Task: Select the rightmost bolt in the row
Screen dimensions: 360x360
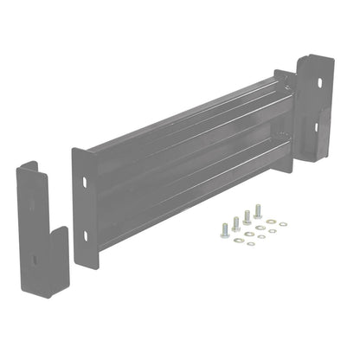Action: pos(257,210)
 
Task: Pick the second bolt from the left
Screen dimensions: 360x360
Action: pos(235,222)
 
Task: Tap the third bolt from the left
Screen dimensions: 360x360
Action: pos(247,216)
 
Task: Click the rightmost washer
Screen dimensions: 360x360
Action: pos(283,223)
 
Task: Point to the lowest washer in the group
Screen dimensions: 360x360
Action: pos(251,244)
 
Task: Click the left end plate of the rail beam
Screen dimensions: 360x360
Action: pos(84,208)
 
